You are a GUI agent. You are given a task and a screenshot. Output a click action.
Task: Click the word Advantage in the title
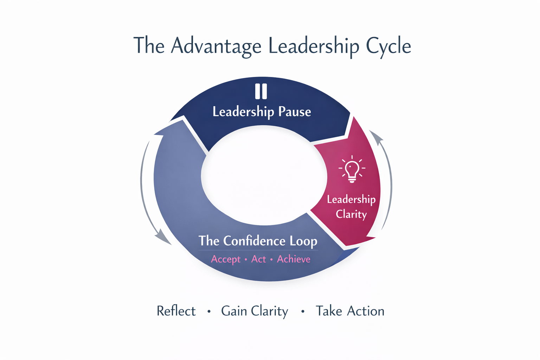pyautogui.click(x=216, y=46)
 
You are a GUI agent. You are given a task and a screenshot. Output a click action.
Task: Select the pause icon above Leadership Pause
pyautogui.click(x=261, y=91)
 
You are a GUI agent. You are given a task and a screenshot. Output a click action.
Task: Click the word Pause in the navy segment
pyautogui.click(x=295, y=112)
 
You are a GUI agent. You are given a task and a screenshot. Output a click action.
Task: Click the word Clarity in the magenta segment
pyautogui.click(x=351, y=214)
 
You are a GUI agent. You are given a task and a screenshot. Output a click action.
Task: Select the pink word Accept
pyautogui.click(x=226, y=259)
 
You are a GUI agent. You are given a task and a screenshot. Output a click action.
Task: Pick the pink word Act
pyautogui.click(x=258, y=259)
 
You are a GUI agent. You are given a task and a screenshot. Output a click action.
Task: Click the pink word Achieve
pyautogui.click(x=294, y=259)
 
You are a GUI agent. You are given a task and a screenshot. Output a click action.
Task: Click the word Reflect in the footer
pyautogui.click(x=176, y=311)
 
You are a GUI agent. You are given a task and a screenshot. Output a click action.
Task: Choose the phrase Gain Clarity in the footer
pyautogui.click(x=255, y=311)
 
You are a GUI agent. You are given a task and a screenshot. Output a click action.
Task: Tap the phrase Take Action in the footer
pyautogui.click(x=350, y=311)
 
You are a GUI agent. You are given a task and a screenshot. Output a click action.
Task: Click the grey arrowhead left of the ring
pyautogui.click(x=162, y=236)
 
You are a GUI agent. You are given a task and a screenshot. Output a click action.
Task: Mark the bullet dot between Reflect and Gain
pyautogui.click(x=209, y=311)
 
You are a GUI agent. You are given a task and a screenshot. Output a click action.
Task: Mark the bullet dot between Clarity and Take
pyautogui.click(x=303, y=311)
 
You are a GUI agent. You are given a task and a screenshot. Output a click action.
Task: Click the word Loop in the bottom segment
pyautogui.click(x=303, y=241)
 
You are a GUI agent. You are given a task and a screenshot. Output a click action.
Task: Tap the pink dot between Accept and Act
pyautogui.click(x=245, y=259)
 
